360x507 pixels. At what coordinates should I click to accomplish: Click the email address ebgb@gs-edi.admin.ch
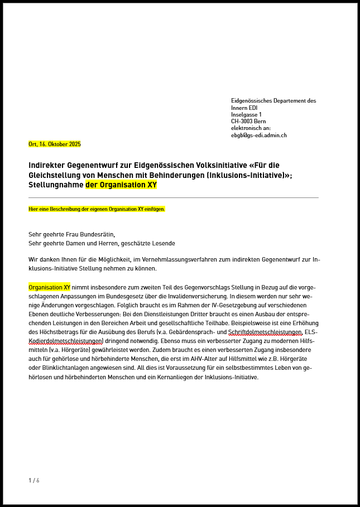[259, 135]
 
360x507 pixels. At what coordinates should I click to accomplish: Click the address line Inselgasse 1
[246, 114]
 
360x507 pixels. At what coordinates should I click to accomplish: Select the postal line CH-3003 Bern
[248, 121]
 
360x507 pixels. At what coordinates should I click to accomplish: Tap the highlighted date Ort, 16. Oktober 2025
[55, 144]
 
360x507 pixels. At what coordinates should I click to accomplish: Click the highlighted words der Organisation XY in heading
[121, 185]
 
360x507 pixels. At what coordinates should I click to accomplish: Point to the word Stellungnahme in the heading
[56, 185]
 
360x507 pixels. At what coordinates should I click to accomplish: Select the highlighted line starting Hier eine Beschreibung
[97, 209]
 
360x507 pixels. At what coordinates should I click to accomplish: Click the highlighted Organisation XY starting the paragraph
[49, 287]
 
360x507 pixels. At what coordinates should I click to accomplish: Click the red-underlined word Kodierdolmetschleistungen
[66, 341]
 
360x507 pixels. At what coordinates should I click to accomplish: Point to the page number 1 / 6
[34, 480]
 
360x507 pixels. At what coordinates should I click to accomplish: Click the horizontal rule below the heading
[173, 197]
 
